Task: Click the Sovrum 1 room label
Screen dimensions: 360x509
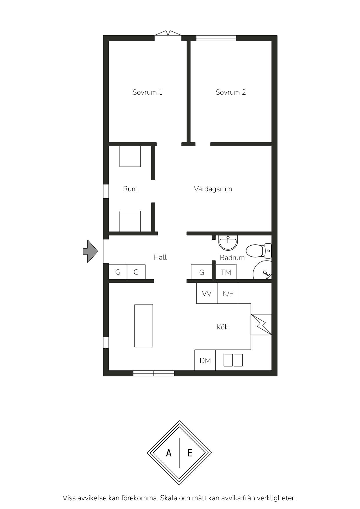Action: pos(147,92)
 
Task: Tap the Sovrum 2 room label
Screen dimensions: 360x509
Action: pos(231,92)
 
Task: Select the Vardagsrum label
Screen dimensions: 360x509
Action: pos(213,189)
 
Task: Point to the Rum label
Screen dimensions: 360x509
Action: pos(130,189)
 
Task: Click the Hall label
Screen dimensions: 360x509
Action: pos(160,257)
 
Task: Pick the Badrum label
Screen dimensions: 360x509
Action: pos(232,258)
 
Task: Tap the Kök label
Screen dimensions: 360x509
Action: pos(222,327)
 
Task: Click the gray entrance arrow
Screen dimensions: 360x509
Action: pos(91,252)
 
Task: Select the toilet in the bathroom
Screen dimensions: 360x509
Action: pos(259,251)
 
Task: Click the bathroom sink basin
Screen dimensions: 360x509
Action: pos(228,243)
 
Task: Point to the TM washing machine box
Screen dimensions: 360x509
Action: pos(226,272)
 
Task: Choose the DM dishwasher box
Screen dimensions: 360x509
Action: pos(205,360)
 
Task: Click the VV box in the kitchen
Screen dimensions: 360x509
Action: pos(207,293)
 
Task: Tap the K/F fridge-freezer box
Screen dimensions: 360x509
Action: pos(228,293)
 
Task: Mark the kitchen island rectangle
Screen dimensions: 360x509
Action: pos(144,326)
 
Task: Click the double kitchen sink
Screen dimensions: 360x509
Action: pos(233,360)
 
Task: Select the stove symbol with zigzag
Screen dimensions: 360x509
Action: pos(261,325)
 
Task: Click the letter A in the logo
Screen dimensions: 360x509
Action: pos(169,453)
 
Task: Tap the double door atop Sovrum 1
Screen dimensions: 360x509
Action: pos(168,33)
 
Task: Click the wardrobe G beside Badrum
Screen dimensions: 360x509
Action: pos(201,272)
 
